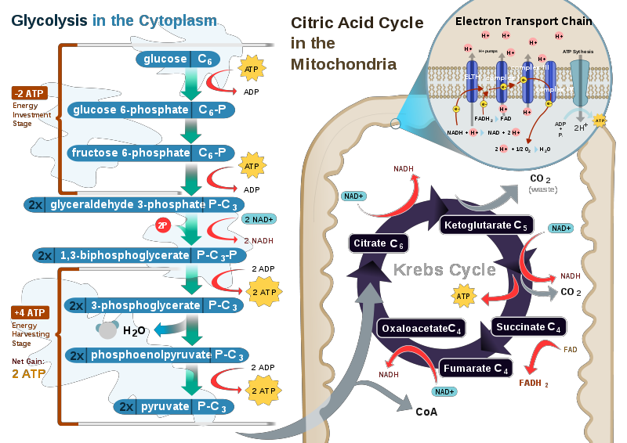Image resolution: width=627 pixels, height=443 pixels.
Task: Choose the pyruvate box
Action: coord(174,406)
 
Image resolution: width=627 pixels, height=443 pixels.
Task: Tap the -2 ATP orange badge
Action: coord(30,93)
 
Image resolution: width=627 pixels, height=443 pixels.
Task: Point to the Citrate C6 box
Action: coord(379,243)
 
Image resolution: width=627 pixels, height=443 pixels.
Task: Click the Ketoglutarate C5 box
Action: coord(487,225)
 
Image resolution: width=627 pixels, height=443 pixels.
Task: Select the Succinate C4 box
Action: coord(529,326)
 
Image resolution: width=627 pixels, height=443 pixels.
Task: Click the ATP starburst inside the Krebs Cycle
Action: coord(463,297)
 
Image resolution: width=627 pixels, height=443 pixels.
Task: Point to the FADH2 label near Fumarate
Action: coord(534,384)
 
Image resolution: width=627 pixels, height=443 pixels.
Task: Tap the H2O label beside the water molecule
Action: coord(134,331)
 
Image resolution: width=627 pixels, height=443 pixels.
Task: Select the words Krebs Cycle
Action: coord(444,270)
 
